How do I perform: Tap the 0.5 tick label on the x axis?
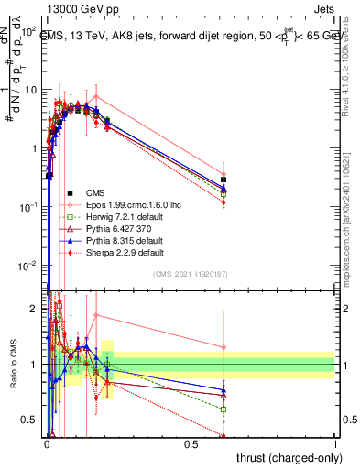tap(191, 443)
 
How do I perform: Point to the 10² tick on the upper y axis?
tap(29, 31)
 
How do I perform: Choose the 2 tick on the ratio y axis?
tap(35, 309)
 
